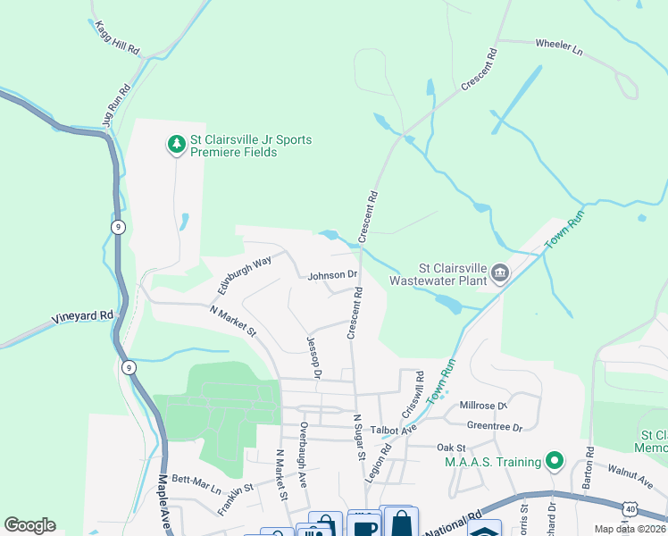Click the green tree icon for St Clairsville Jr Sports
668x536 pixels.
176,142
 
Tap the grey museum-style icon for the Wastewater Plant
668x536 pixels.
499,272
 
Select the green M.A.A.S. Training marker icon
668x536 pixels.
555,461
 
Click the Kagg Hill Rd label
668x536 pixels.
118,38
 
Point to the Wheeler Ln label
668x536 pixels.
558,47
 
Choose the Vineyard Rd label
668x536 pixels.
82,315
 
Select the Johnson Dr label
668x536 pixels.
332,275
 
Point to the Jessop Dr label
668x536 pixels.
313,356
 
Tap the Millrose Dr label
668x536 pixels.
483,406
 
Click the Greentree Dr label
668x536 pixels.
494,427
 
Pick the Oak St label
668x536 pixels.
451,447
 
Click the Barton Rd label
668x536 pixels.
589,464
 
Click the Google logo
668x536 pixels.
29,525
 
